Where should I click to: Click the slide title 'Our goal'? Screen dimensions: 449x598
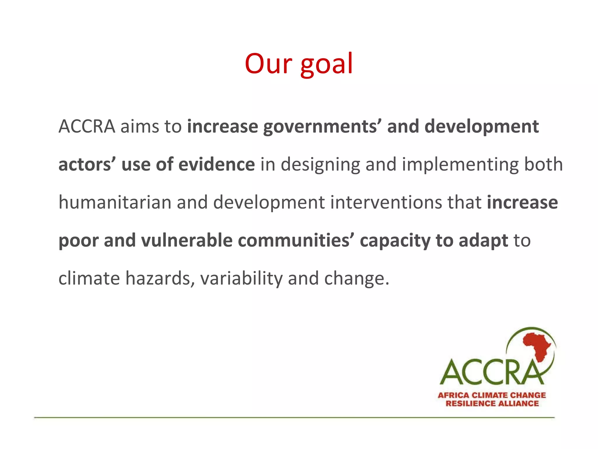click(299, 64)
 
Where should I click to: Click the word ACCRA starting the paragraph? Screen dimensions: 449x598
click(87, 127)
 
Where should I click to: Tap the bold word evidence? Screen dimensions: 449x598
click(216, 164)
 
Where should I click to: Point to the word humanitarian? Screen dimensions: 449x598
click(115, 202)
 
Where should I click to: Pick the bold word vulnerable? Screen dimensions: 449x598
click(187, 240)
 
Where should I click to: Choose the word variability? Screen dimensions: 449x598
click(241, 278)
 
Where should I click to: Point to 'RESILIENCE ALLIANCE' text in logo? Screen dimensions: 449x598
click(492, 404)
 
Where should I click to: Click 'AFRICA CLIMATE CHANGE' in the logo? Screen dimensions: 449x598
click(492, 395)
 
